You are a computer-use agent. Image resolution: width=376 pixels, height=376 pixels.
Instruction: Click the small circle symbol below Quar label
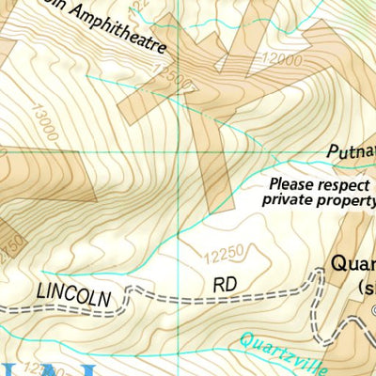click(x=372, y=311)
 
